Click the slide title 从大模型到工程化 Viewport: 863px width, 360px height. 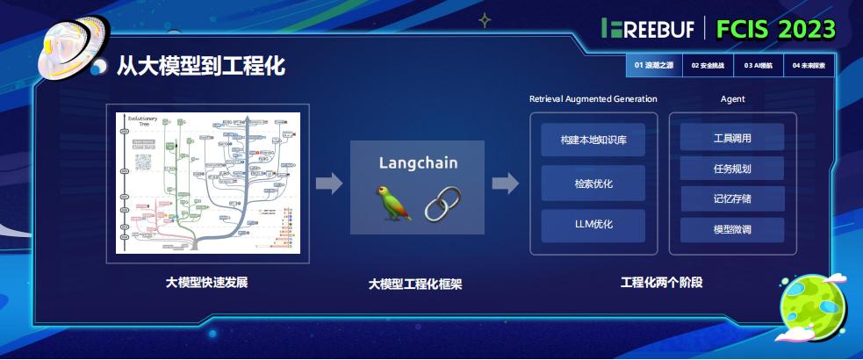click(201, 66)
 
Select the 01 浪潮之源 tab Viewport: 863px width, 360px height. click(653, 65)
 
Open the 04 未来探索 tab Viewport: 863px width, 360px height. click(809, 65)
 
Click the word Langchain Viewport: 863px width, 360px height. click(418, 162)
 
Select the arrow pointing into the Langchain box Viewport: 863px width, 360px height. click(329, 184)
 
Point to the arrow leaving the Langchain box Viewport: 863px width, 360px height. click(505, 184)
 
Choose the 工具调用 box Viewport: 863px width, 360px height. click(732, 138)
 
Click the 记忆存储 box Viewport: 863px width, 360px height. click(732, 199)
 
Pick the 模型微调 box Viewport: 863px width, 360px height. click(732, 230)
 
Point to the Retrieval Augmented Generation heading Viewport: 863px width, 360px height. click(593, 99)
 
